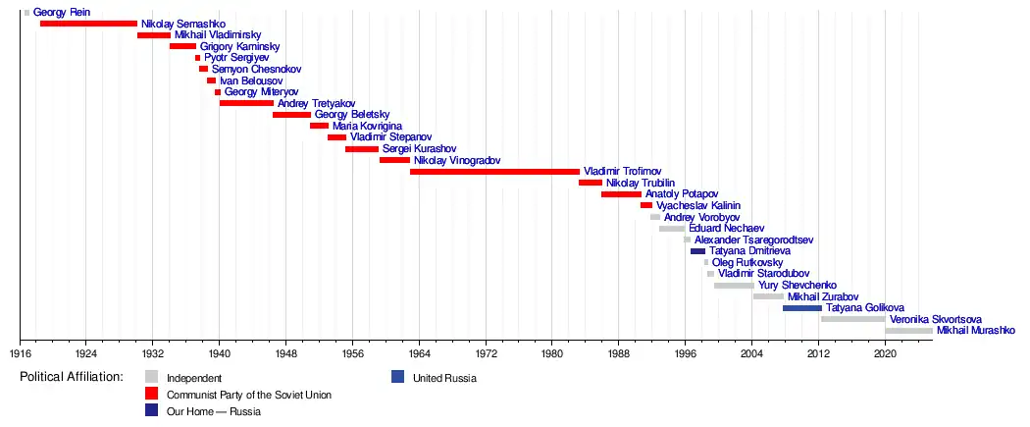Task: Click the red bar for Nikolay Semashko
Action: tap(88, 23)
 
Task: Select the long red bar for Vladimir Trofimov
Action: tap(494, 171)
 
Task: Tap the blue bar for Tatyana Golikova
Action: tap(801, 308)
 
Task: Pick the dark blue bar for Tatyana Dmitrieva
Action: tap(697, 251)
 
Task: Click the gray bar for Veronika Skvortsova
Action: tap(852, 319)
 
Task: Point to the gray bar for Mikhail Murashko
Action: tap(908, 331)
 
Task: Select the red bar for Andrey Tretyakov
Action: tap(246, 103)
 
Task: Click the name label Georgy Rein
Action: tap(62, 13)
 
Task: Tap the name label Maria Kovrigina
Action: tap(368, 127)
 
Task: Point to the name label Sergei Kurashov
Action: tap(419, 149)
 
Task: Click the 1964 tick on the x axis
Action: tap(419, 341)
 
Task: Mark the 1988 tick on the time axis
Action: tap(619, 341)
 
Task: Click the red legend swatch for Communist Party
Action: tap(151, 395)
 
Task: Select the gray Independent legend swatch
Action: tap(151, 377)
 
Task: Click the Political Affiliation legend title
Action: tap(72, 377)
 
